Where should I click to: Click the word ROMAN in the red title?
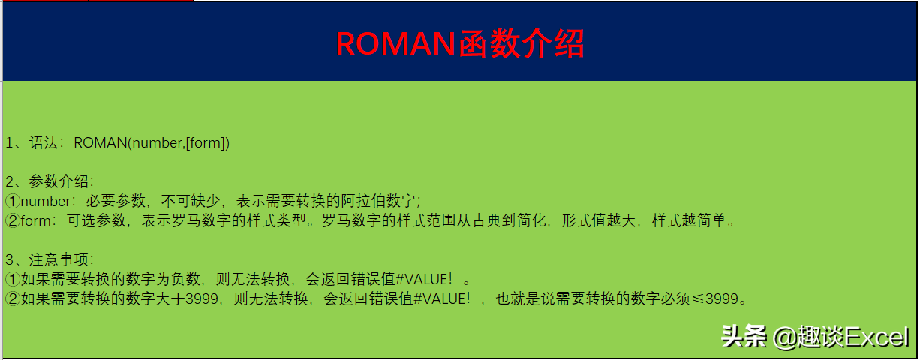coord(395,44)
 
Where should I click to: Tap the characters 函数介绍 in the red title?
coord(521,44)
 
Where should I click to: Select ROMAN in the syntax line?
coord(101,142)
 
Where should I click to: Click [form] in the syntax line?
coord(205,142)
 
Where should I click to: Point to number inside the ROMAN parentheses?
coord(158,142)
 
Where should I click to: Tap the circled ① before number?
coord(13,201)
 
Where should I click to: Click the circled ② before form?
coord(13,220)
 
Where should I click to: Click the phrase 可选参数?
coord(97,220)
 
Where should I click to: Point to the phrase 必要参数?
coord(116,201)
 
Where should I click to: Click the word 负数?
coord(185,279)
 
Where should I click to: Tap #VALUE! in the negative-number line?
coord(423,279)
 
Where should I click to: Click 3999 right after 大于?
coord(202,298)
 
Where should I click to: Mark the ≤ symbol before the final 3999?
coord(698,298)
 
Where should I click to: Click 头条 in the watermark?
coord(744,337)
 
